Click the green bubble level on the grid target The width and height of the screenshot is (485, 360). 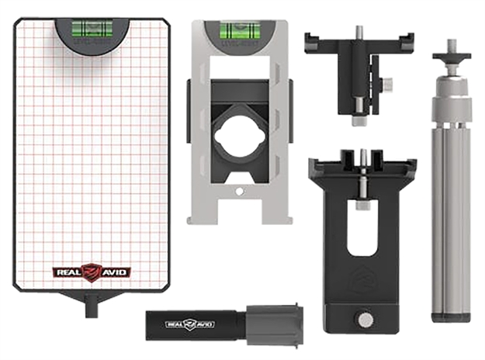coord(92,30)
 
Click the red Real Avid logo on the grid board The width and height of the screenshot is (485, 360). coord(92,272)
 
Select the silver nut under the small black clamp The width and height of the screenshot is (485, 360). coord(358,121)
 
